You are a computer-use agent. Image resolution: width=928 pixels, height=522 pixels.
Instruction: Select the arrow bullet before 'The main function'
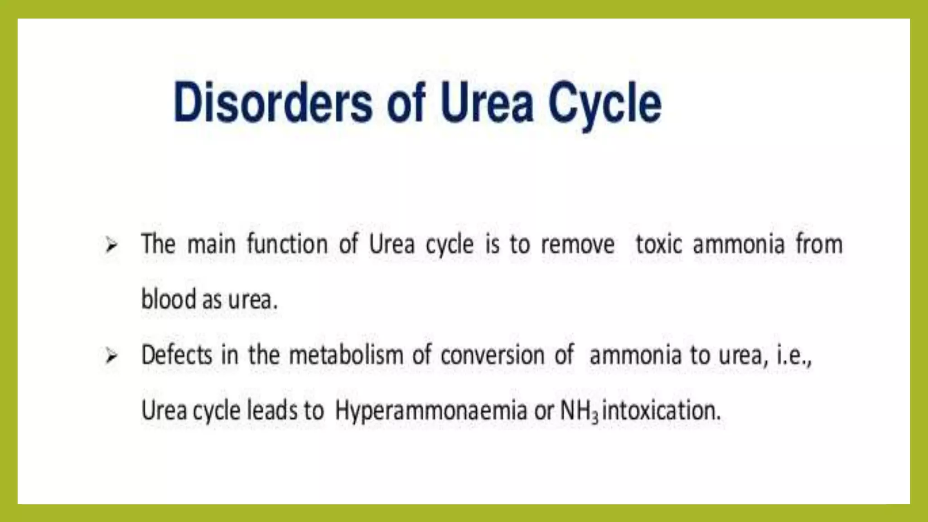click(x=111, y=246)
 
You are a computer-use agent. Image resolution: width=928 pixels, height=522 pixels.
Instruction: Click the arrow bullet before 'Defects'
click(x=111, y=356)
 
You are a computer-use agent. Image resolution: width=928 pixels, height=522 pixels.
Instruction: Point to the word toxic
click(x=658, y=245)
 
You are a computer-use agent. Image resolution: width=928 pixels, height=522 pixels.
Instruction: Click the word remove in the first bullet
click(x=578, y=245)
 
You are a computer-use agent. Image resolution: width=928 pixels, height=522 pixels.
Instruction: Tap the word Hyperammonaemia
click(x=430, y=411)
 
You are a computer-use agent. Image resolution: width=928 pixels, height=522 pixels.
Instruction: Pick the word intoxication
click(x=661, y=411)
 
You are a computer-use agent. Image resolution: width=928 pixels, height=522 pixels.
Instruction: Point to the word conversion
click(x=492, y=355)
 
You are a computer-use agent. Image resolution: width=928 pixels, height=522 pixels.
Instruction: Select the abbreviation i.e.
click(x=794, y=355)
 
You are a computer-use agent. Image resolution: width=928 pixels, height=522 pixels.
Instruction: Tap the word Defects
click(x=176, y=355)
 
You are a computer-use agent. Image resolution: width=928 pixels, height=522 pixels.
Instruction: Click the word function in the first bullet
click(x=287, y=245)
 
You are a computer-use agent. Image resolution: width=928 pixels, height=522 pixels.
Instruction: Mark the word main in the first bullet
click(x=211, y=245)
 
